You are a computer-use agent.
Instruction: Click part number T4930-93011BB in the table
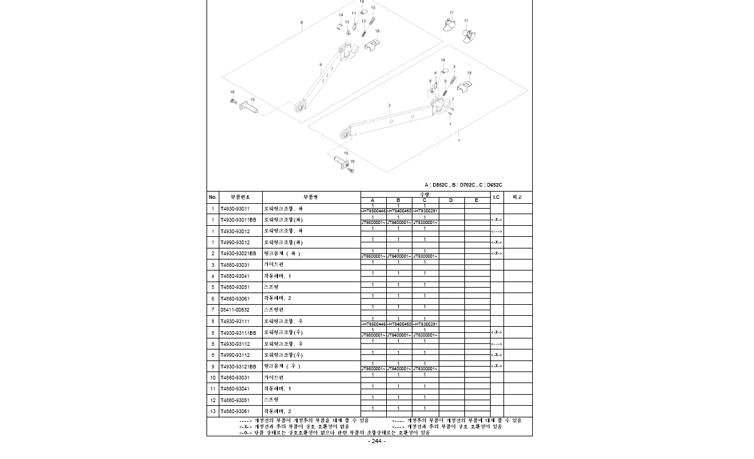tap(238, 220)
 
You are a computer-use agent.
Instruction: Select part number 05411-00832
tap(235, 310)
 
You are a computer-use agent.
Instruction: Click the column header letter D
tap(451, 200)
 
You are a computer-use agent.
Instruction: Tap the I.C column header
tap(496, 197)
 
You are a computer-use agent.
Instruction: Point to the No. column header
tap(213, 197)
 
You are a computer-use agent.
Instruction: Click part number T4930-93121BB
tap(238, 367)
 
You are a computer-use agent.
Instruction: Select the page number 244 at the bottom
tap(376, 441)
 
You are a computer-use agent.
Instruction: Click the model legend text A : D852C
tap(436, 185)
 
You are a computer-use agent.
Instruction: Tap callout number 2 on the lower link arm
tap(389, 105)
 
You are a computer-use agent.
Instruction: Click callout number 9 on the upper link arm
tap(321, 65)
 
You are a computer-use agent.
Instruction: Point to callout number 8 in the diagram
tap(301, 23)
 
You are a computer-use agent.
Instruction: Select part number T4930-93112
tap(235, 344)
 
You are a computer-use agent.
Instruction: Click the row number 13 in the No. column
tap(213, 411)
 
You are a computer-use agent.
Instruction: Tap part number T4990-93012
tap(235, 242)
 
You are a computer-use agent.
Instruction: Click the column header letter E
tap(477, 200)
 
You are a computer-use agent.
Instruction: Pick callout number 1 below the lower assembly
tap(459, 141)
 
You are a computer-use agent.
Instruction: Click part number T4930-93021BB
tap(238, 253)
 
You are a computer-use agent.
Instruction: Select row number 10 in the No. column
tap(213, 378)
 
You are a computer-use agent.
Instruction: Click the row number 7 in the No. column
tap(213, 310)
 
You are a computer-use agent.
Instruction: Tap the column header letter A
tap(373, 200)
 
